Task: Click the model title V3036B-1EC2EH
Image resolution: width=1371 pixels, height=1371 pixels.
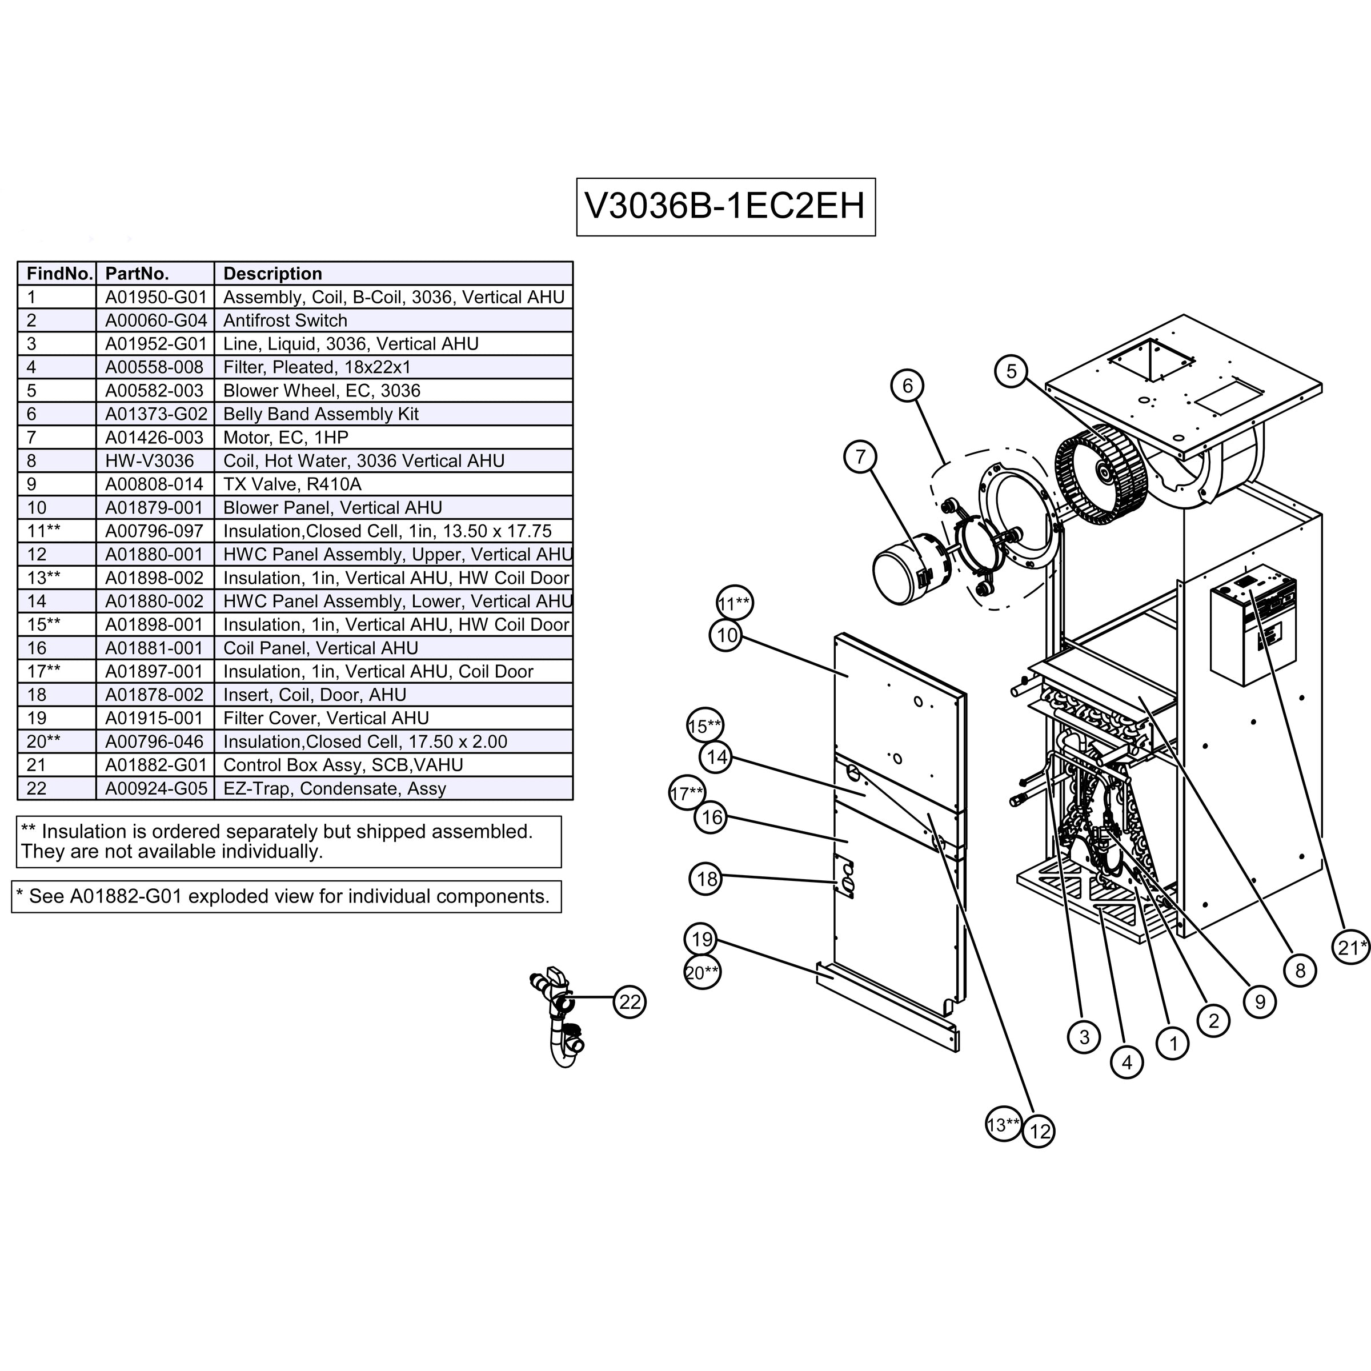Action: click(x=725, y=206)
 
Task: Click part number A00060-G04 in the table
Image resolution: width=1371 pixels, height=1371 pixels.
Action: click(x=155, y=320)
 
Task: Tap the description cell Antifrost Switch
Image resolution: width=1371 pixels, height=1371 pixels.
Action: click(x=285, y=320)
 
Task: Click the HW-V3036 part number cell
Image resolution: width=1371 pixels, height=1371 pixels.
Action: click(x=149, y=461)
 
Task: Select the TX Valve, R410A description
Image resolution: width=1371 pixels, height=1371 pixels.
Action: click(x=292, y=484)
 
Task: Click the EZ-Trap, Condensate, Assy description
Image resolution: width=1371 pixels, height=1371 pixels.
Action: click(x=334, y=788)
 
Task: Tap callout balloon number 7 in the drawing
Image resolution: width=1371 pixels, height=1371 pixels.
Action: click(x=860, y=456)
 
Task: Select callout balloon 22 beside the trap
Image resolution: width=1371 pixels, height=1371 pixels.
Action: click(x=630, y=1002)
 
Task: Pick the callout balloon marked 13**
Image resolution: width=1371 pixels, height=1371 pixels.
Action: click(x=1003, y=1125)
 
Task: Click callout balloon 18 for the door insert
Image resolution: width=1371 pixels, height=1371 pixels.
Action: click(x=707, y=879)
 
